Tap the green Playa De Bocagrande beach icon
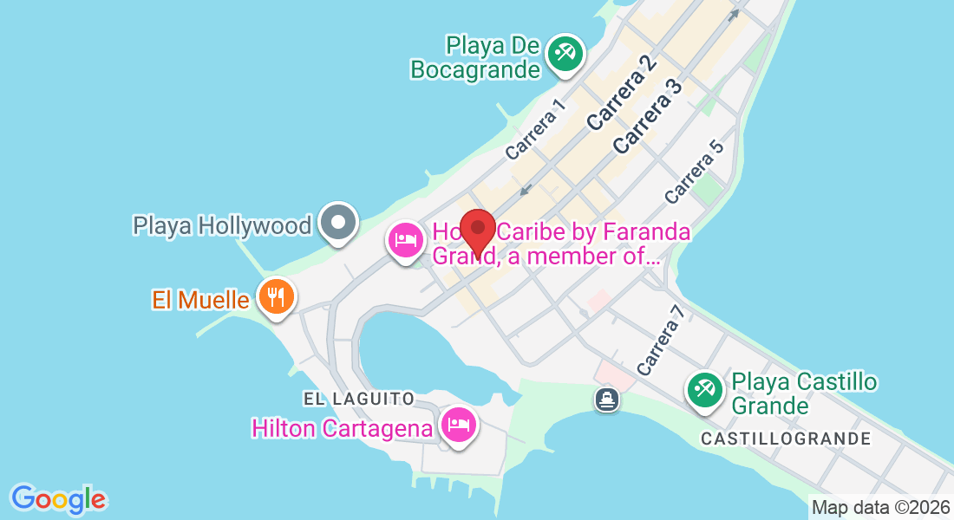(x=565, y=54)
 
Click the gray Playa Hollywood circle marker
(x=337, y=224)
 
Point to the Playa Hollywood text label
(x=222, y=226)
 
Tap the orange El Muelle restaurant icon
(x=276, y=298)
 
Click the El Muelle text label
(x=201, y=301)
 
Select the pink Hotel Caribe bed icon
(x=406, y=240)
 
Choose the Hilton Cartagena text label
(x=342, y=428)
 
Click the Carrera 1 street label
(x=535, y=128)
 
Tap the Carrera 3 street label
(x=647, y=116)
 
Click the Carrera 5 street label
(x=694, y=172)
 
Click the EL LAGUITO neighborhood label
(x=359, y=399)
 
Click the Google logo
(x=58, y=499)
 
